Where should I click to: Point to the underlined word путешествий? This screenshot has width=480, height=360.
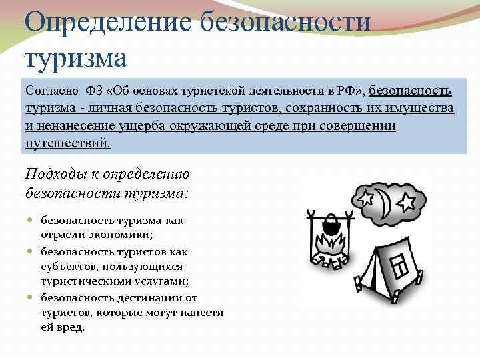pyautogui.click(x=67, y=143)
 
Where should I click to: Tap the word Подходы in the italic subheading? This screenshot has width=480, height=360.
pyautogui.click(x=53, y=175)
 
